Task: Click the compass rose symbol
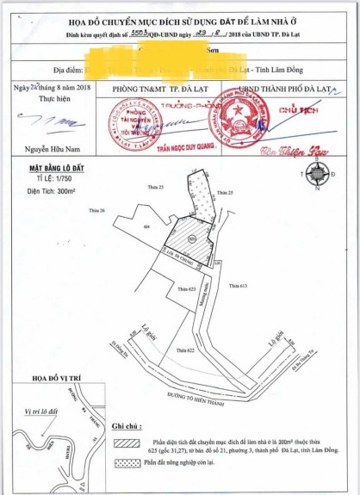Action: [x=317, y=173]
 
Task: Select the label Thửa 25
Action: [x=226, y=191]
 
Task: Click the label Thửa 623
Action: [x=188, y=289]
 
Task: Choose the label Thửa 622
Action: [x=185, y=350]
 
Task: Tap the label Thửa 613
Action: [x=237, y=285]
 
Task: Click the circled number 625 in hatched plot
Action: [x=191, y=238]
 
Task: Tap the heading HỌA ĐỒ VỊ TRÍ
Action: [x=57, y=379]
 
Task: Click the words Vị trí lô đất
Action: [x=40, y=411]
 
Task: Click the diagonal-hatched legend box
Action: [x=127, y=442]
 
